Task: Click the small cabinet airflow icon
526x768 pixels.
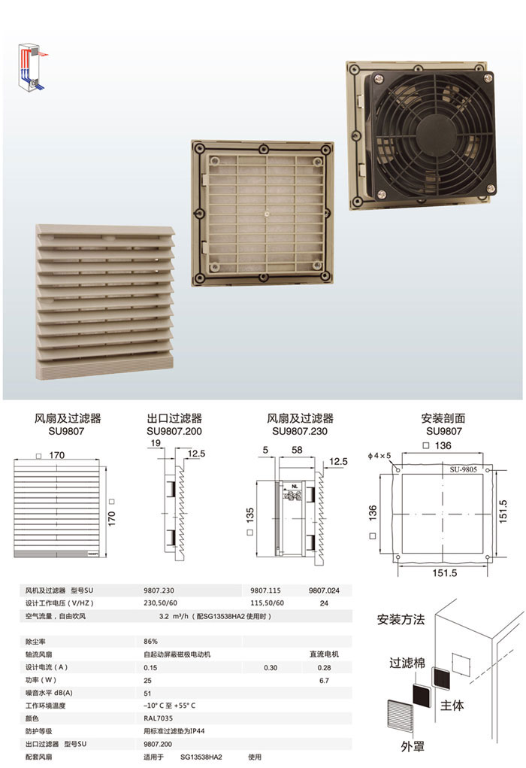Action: (x=33, y=67)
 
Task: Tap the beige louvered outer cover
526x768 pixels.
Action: (x=104, y=301)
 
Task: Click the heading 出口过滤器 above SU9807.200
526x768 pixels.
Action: (x=174, y=418)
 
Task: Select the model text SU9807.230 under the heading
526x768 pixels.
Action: (x=300, y=432)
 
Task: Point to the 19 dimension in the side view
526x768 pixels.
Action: (x=156, y=443)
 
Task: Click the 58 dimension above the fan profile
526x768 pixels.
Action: (x=297, y=450)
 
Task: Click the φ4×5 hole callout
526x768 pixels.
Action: (x=379, y=456)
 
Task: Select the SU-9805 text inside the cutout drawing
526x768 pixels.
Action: (x=463, y=469)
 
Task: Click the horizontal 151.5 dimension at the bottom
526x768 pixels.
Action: (x=444, y=572)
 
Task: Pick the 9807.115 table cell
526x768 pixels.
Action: (x=266, y=590)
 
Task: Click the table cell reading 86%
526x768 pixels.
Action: (x=151, y=641)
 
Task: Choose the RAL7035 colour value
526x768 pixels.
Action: (x=158, y=718)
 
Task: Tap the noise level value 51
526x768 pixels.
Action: (x=147, y=693)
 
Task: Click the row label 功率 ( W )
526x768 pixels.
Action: (x=41, y=680)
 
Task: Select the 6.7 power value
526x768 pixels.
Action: (x=324, y=680)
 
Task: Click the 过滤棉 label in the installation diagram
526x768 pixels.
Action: (x=407, y=663)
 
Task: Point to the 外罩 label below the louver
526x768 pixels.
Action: (x=413, y=746)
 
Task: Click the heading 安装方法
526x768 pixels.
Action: (x=401, y=620)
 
